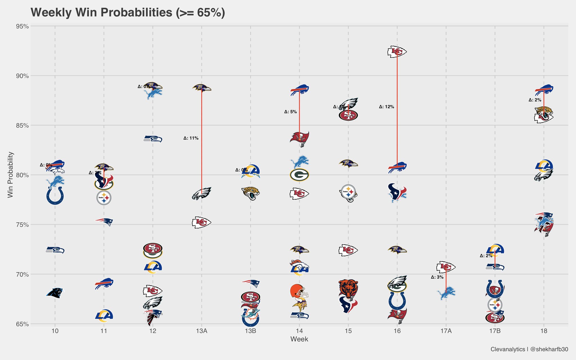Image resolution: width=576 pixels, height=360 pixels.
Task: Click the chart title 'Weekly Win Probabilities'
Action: [128, 13]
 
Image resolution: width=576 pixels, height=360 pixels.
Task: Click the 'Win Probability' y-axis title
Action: [10, 175]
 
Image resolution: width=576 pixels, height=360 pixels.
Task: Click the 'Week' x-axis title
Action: [299, 339]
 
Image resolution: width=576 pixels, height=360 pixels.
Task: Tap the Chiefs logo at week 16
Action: [397, 52]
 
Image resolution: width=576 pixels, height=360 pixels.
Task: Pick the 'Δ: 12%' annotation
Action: [386, 107]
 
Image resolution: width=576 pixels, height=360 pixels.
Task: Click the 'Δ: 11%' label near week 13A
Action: [191, 138]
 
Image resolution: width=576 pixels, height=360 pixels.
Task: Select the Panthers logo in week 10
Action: [55, 293]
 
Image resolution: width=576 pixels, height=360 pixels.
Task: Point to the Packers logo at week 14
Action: [299, 175]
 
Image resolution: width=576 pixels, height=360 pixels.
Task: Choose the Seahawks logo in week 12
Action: [153, 139]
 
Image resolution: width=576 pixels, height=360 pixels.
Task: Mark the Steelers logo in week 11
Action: [104, 198]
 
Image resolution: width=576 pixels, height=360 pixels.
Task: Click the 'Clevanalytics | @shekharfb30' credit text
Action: [529, 349]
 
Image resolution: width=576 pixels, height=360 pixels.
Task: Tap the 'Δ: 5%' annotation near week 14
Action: [291, 112]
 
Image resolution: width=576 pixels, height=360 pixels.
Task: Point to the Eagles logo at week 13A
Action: [202, 193]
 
